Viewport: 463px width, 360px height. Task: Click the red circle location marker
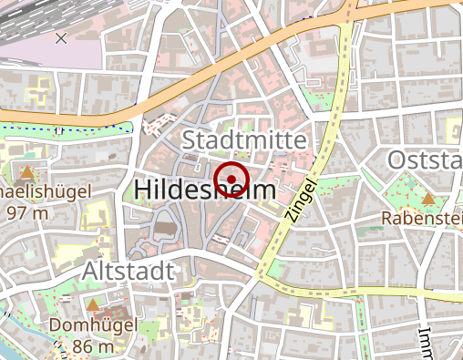point(231,178)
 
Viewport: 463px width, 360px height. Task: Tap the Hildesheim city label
point(205,190)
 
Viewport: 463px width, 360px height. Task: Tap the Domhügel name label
point(93,325)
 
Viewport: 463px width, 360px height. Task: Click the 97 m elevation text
point(26,212)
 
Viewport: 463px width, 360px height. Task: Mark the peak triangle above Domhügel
point(93,305)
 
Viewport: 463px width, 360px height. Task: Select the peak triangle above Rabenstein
point(428,198)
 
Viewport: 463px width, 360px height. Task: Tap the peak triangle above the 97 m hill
point(27,171)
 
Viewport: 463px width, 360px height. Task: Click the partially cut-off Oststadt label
point(425,160)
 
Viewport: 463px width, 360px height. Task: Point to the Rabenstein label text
point(422,219)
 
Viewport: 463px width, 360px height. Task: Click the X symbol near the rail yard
point(61,37)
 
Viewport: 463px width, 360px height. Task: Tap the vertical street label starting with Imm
point(425,341)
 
